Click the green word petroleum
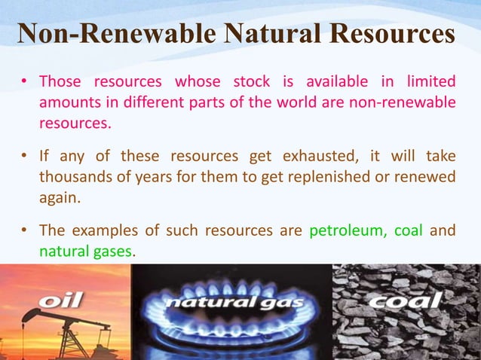(345, 230)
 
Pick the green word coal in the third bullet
(408, 230)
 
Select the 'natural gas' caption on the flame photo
(234, 304)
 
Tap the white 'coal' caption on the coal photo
(404, 301)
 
